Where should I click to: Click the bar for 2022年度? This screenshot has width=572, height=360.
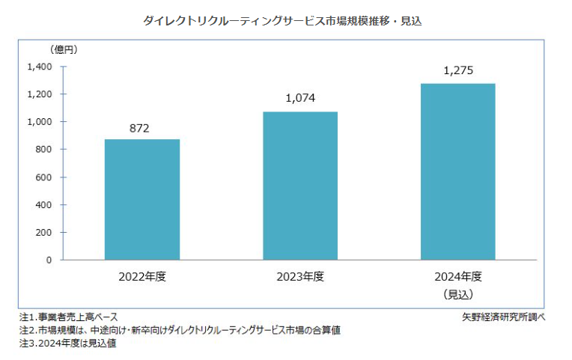[x=142, y=200]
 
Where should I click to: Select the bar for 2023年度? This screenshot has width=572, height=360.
[x=299, y=186]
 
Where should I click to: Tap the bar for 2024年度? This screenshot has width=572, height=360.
[x=457, y=171]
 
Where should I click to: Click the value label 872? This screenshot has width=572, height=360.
[x=140, y=129]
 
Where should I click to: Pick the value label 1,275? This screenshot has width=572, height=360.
[x=458, y=71]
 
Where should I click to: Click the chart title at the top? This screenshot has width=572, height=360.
[x=282, y=21]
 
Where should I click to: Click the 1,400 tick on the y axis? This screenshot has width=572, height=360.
[x=40, y=67]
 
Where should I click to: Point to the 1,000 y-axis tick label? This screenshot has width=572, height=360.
[x=40, y=122]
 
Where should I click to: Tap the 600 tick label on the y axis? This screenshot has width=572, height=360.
[x=43, y=177]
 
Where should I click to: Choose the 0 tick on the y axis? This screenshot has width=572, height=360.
[x=49, y=260]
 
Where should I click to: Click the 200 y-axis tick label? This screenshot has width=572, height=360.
[x=43, y=233]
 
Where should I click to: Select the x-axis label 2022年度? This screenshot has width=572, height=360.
[x=142, y=276]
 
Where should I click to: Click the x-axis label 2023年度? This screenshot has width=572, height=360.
[x=299, y=276]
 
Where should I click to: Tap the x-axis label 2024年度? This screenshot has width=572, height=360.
[x=457, y=276]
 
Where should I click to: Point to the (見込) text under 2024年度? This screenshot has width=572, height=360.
[x=457, y=293]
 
